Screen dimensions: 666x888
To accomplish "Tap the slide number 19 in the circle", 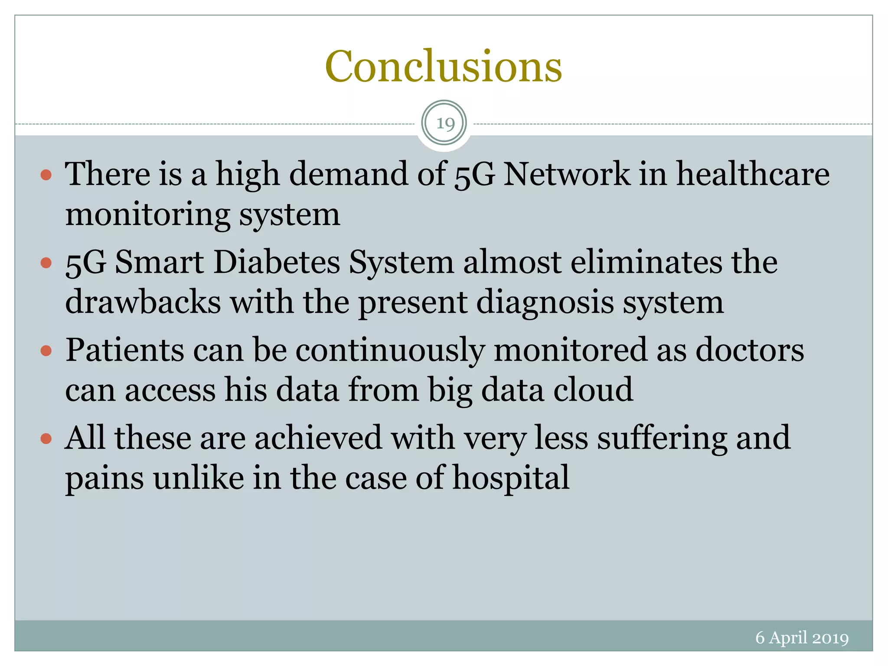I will (444, 124).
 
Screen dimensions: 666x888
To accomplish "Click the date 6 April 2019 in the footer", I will (802, 637).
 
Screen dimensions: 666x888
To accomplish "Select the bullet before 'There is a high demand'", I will (46, 175).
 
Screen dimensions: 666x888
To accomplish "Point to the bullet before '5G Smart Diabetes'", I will (46, 263).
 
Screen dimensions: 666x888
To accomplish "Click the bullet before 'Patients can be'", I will (46, 350).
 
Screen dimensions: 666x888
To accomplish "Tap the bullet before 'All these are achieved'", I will (46, 439).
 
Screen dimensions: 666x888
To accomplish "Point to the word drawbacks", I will (143, 302).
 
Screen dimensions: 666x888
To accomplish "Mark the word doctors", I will (750, 350).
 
